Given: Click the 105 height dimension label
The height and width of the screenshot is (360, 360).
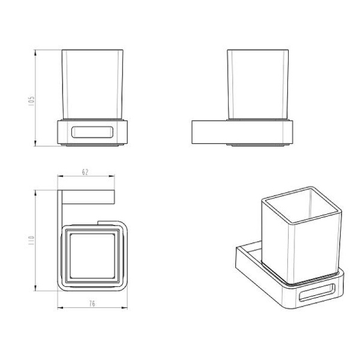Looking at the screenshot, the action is [31, 101].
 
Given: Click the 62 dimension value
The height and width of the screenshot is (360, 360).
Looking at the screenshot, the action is [85, 172].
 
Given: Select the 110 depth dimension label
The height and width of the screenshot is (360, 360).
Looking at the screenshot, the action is [31, 240].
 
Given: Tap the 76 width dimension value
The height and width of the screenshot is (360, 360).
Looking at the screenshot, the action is [92, 304].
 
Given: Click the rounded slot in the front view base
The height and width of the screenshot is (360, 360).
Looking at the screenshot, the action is [92, 132].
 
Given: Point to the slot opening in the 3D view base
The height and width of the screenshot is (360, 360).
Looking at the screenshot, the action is [317, 293].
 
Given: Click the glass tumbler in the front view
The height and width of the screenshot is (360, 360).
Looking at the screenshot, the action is [92, 85].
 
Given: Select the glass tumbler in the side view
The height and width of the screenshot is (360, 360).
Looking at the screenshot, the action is [258, 85].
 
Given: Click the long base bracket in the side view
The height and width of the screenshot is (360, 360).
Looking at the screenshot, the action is [242, 132].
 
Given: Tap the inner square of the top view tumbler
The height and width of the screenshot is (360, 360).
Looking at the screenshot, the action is [92, 256].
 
